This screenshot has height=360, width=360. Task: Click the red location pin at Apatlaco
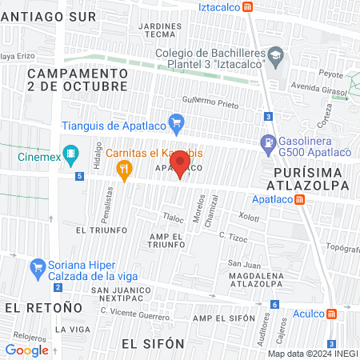181,163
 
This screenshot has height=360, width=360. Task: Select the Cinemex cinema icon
72,152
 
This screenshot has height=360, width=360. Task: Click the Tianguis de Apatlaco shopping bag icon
178,124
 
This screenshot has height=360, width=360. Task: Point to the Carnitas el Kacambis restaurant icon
123,168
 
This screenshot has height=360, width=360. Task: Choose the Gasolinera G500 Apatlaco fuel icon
266,143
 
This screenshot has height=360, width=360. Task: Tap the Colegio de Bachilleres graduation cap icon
276,54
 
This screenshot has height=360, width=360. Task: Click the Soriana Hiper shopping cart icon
36,266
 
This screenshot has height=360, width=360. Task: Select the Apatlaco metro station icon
299,199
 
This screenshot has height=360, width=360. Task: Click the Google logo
27,350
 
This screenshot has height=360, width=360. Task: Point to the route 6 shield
274,304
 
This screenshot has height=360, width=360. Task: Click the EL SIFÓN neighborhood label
153,343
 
